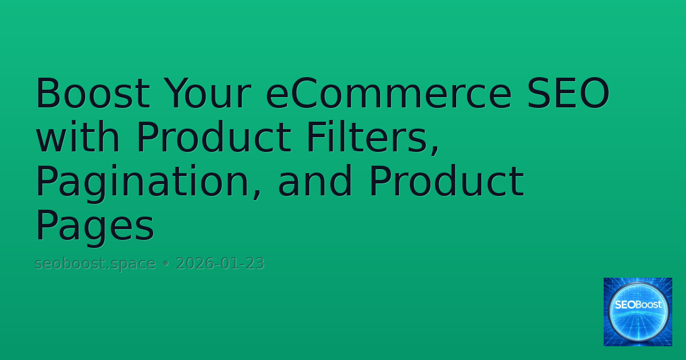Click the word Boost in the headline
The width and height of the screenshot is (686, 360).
tap(93, 94)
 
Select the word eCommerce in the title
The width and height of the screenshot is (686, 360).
tap(388, 94)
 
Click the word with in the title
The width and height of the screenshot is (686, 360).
tap(78, 138)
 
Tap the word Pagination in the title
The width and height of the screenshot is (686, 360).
tap(149, 182)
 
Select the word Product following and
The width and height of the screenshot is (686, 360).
tap(446, 182)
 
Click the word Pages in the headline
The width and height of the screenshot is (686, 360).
tap(95, 226)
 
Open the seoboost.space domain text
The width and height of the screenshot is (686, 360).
tap(95, 264)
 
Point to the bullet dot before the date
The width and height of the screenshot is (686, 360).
tap(166, 265)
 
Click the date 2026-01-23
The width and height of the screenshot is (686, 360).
tap(220, 264)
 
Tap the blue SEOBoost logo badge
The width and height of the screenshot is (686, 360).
tap(638, 312)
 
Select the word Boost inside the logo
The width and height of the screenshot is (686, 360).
tap(649, 305)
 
